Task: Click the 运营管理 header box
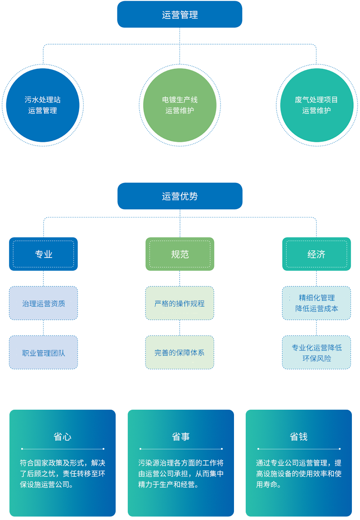180,14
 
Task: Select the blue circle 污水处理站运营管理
43,105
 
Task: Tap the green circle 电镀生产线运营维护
180,105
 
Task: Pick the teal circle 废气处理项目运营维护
316,105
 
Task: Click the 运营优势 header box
180,196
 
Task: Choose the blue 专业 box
43,254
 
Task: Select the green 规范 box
180,254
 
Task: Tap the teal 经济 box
316,254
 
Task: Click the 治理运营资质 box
43,303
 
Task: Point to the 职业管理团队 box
43,353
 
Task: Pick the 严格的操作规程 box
180,303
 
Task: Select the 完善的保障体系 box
180,353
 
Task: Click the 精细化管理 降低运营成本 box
316,303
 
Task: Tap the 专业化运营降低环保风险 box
316,353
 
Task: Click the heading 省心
63,436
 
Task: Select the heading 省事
181,436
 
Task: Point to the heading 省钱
299,436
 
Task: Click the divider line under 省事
181,449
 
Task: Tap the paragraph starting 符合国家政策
63,474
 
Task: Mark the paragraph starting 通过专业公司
299,474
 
